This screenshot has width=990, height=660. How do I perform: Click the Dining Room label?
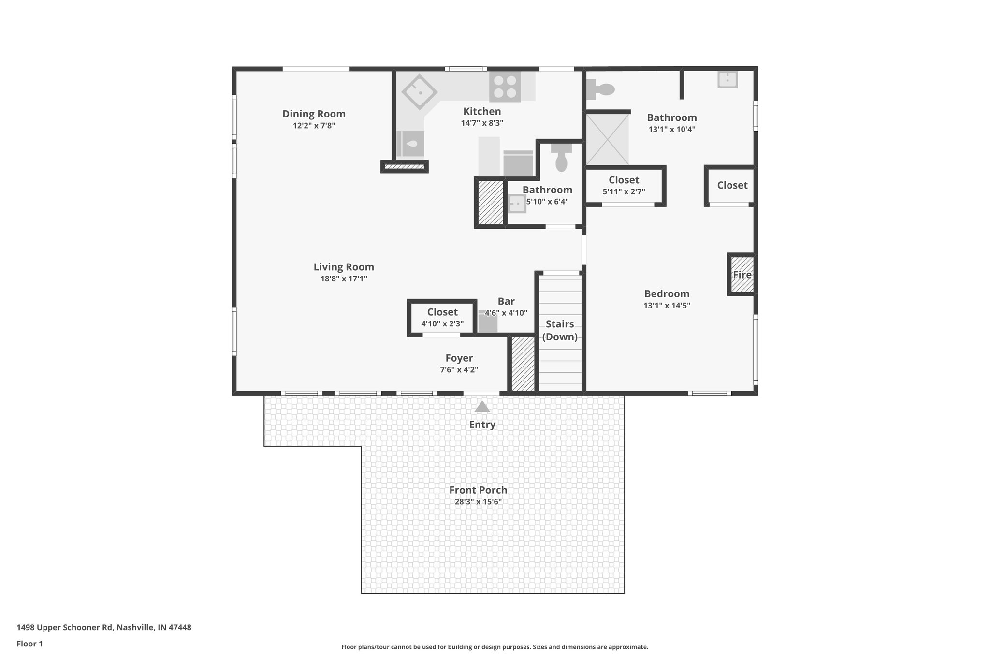click(314, 114)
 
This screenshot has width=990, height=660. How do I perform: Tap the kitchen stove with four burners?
click(505, 87)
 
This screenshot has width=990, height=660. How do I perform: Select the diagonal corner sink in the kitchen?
click(419, 92)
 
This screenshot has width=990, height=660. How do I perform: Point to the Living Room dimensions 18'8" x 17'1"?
click(344, 279)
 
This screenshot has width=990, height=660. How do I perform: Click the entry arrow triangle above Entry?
click(482, 407)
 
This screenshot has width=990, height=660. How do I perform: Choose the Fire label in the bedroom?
click(742, 275)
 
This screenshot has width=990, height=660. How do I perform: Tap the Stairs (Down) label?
click(560, 330)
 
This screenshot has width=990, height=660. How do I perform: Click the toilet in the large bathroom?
click(600, 89)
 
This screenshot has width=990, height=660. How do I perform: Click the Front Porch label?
click(478, 490)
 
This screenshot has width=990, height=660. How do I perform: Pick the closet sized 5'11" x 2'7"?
click(624, 185)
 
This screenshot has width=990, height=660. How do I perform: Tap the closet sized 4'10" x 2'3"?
click(442, 318)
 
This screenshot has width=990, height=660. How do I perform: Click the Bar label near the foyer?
click(506, 301)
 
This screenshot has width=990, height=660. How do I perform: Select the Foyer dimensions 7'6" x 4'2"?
click(459, 370)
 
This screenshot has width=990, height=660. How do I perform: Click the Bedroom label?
click(667, 293)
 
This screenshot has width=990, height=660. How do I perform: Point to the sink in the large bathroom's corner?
click(727, 79)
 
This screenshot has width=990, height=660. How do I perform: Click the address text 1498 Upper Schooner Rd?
click(104, 627)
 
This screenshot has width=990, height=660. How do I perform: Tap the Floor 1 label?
click(29, 644)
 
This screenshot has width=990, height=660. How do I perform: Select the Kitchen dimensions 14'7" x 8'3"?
click(482, 123)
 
